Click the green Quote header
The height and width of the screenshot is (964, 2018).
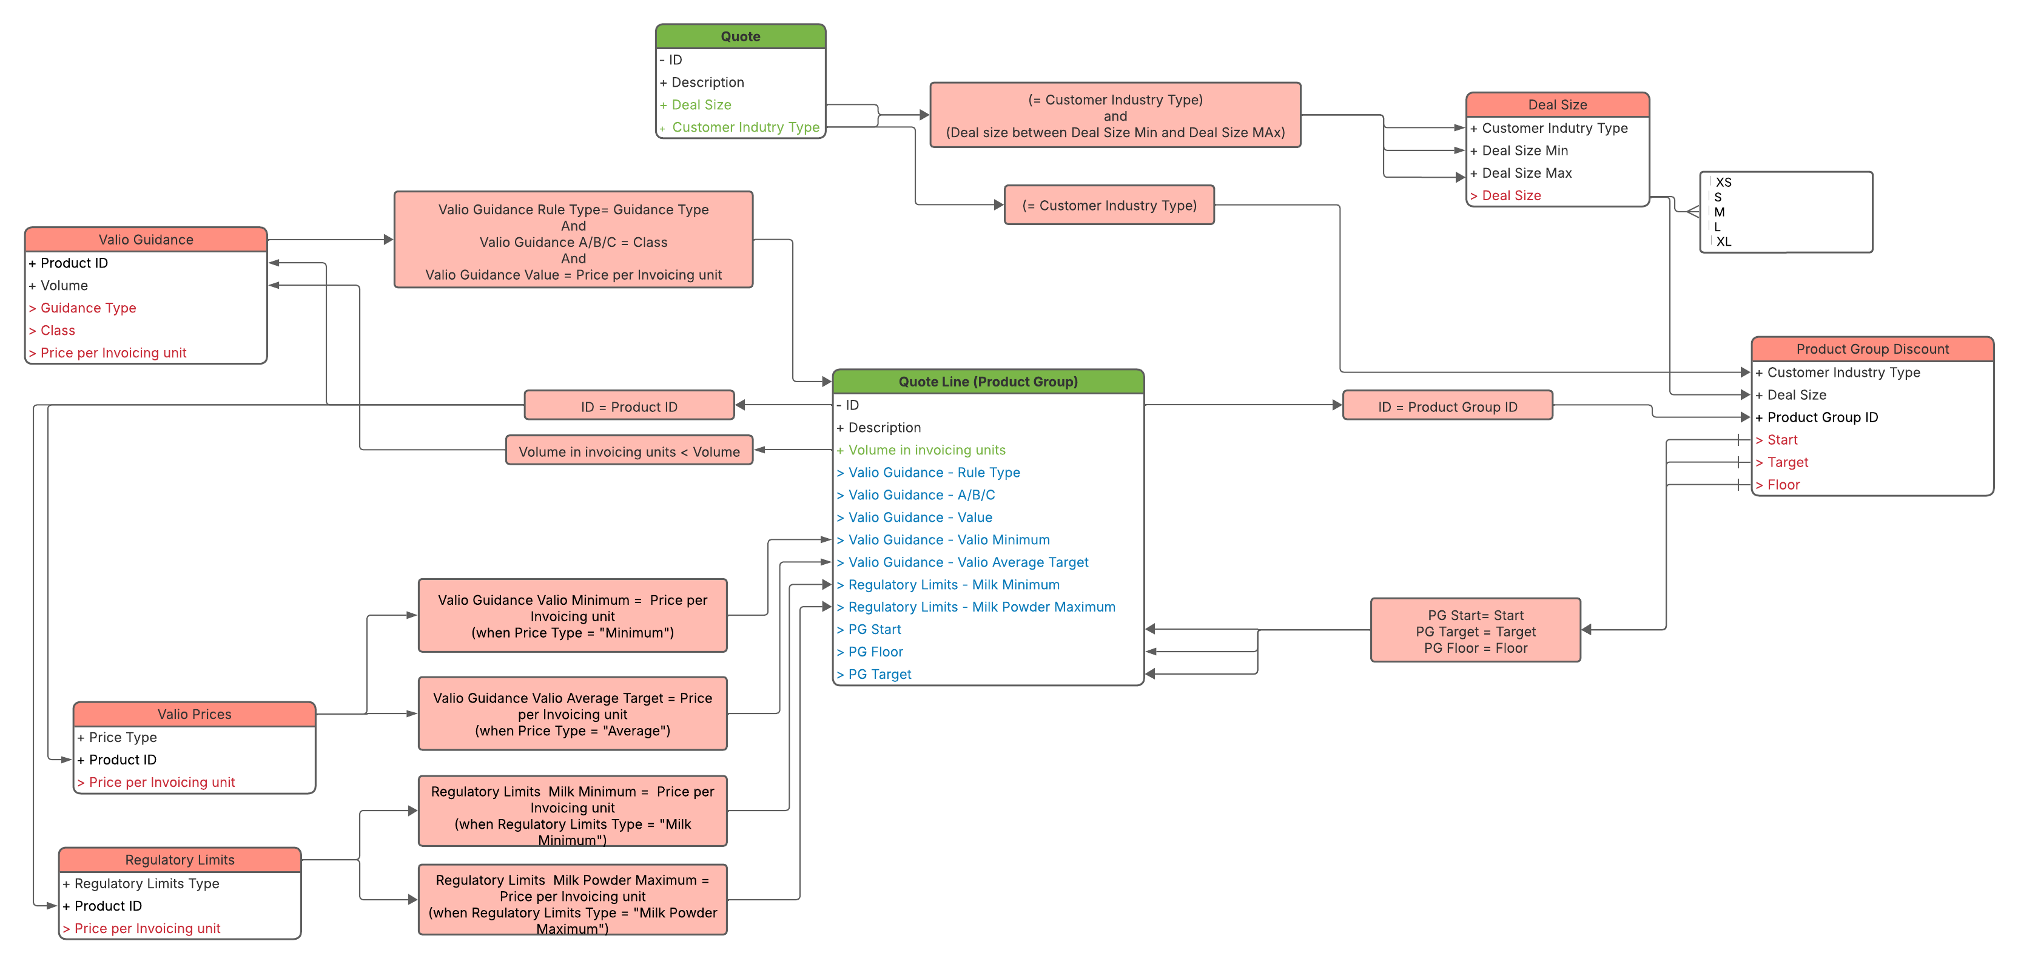click(x=741, y=36)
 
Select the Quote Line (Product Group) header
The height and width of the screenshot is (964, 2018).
click(x=988, y=382)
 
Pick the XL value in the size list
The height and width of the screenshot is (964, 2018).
click(x=1723, y=242)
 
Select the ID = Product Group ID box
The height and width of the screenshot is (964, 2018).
click(x=1447, y=406)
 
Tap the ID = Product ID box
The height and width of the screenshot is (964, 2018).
click(x=629, y=406)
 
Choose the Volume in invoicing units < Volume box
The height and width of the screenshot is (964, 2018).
click(x=629, y=451)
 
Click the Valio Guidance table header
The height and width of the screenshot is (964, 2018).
click(x=146, y=240)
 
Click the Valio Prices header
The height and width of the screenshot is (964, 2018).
click(x=194, y=714)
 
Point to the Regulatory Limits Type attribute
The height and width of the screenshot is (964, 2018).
click(x=147, y=883)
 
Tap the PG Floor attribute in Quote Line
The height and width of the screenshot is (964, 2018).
click(x=875, y=652)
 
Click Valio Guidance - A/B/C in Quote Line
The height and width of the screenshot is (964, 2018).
click(x=921, y=495)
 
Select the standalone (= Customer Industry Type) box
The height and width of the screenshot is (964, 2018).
click(x=1109, y=205)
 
